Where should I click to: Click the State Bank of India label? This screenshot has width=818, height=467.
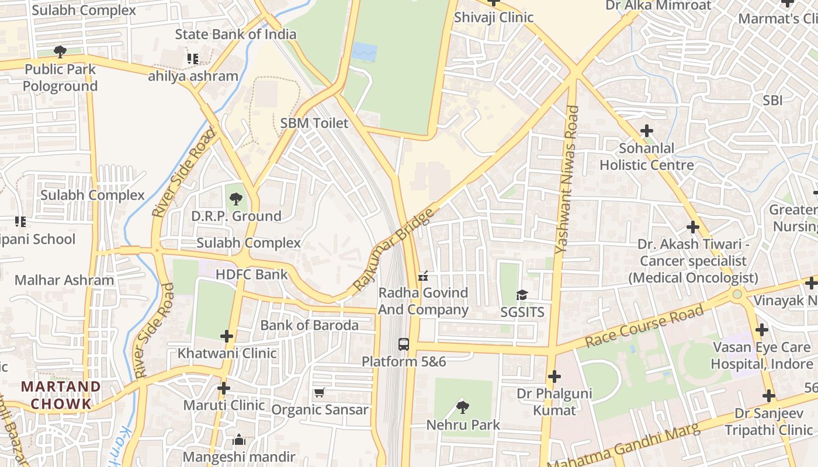pyautogui.click(x=235, y=34)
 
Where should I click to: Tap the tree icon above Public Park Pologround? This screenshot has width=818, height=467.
pyautogui.click(x=60, y=51)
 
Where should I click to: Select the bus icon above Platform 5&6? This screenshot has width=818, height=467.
pyautogui.click(x=404, y=344)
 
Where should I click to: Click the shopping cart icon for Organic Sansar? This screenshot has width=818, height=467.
pyautogui.click(x=319, y=393)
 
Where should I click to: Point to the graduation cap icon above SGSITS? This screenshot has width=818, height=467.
pyautogui.click(x=522, y=295)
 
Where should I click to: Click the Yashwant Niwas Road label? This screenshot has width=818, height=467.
pyautogui.click(x=566, y=179)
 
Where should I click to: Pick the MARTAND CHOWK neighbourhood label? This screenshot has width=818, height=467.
pyautogui.click(x=61, y=395)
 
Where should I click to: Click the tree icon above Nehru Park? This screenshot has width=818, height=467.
pyautogui.click(x=463, y=407)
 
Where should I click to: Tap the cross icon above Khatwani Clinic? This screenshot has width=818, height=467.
pyautogui.click(x=227, y=336)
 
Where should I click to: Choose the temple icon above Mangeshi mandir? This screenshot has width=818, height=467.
pyautogui.click(x=239, y=440)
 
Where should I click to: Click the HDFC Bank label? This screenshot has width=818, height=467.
pyautogui.click(x=252, y=274)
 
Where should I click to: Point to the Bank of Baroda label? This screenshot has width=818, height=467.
pyautogui.click(x=309, y=325)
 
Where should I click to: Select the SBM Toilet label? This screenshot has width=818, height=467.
pyautogui.click(x=314, y=123)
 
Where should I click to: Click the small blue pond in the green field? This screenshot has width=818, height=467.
pyautogui.click(x=364, y=53)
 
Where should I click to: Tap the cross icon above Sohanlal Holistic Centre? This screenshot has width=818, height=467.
pyautogui.click(x=646, y=131)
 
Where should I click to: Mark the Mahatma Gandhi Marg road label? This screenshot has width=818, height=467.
pyautogui.click(x=623, y=447)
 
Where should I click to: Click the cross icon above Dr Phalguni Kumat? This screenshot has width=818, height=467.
pyautogui.click(x=554, y=377)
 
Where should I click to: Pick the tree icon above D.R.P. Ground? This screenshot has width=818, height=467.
pyautogui.click(x=235, y=199)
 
